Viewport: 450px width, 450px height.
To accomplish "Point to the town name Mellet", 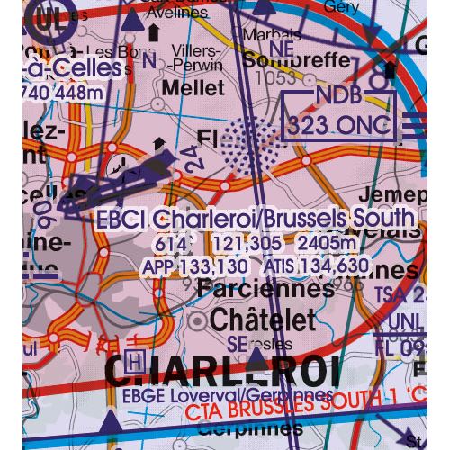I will pyautogui.click(x=193, y=88).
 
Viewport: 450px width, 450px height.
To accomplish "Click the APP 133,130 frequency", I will pyautogui.click(x=194, y=266).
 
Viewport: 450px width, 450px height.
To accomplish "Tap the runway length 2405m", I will pyautogui.click(x=322, y=243).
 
